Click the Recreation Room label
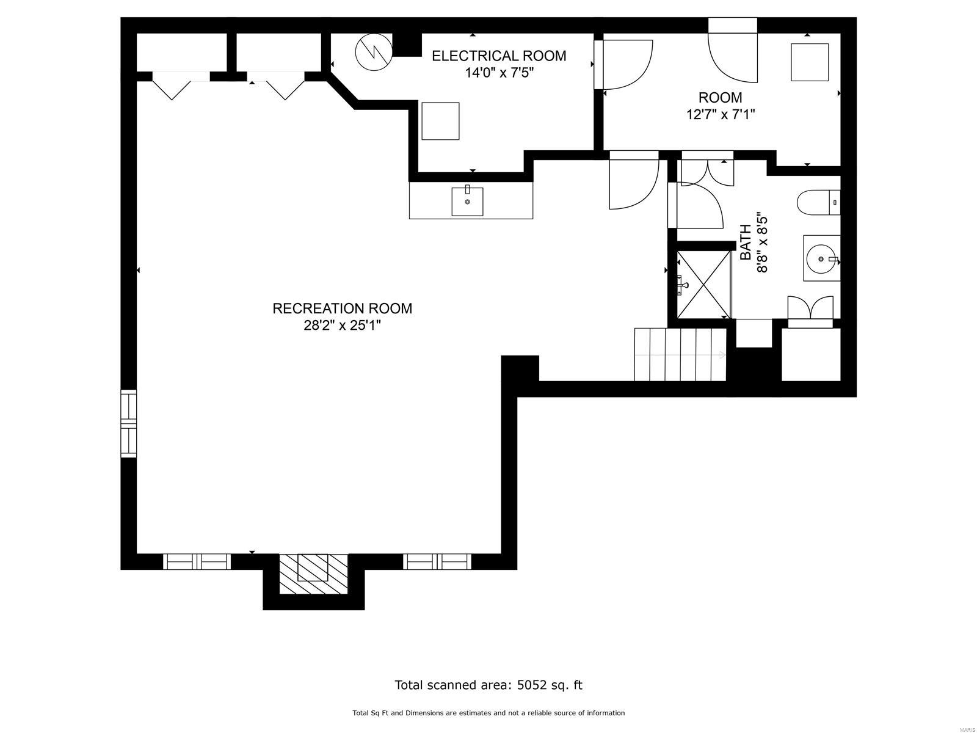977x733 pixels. click(x=342, y=308)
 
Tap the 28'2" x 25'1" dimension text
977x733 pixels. click(x=342, y=326)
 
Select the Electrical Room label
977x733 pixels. click(x=499, y=56)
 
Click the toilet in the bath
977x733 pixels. click(x=818, y=202)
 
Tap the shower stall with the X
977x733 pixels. click(x=703, y=284)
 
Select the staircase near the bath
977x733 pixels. click(x=680, y=354)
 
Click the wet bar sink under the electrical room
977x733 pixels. click(x=467, y=202)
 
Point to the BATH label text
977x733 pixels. click(x=746, y=243)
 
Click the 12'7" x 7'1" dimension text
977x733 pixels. click(x=721, y=114)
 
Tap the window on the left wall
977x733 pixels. click(x=129, y=423)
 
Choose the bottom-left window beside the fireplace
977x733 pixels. click(x=197, y=561)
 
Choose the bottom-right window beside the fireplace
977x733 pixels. click(x=437, y=561)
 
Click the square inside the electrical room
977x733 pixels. click(x=440, y=121)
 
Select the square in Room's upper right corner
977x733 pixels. click(x=810, y=62)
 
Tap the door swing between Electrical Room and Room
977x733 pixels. click(x=626, y=64)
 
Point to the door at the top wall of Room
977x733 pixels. click(x=732, y=52)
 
